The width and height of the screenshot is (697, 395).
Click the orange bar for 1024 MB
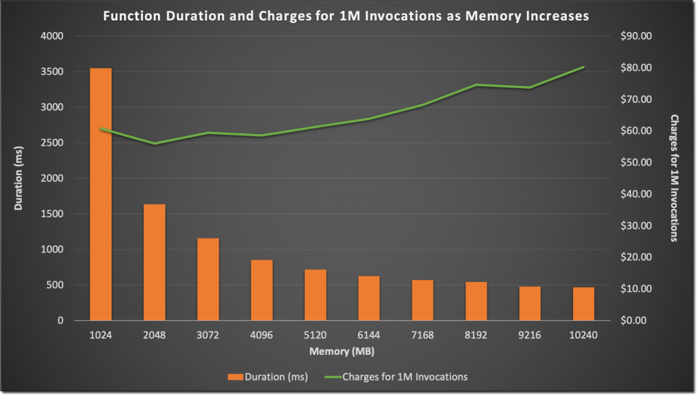pyautogui.click(x=101, y=194)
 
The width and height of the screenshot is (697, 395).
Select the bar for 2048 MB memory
pyautogui.click(x=155, y=262)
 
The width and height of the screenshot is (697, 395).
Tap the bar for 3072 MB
pyautogui.click(x=208, y=279)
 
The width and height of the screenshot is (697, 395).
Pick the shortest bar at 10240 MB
pyautogui.click(x=583, y=304)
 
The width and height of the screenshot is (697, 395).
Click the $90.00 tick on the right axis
pyautogui.click(x=637, y=36)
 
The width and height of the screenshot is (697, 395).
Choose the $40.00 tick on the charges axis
pyautogui.click(x=637, y=194)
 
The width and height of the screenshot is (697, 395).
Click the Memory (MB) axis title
pyautogui.click(x=342, y=351)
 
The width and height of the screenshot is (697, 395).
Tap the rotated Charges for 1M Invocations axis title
pyautogui.click(x=675, y=178)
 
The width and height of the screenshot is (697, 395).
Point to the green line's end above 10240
pyautogui.click(x=583, y=67)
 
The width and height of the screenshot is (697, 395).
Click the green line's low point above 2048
pyautogui.click(x=155, y=144)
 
